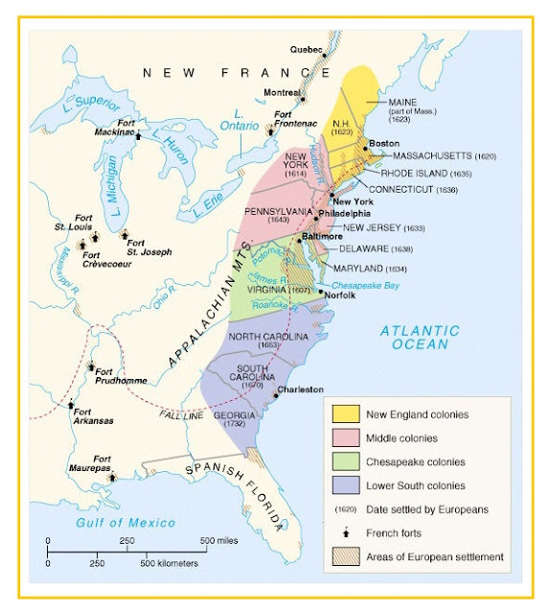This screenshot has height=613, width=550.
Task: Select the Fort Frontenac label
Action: [295, 120]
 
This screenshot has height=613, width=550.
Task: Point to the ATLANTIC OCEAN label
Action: [419, 338]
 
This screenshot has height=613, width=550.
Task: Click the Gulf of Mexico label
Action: [126, 522]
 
